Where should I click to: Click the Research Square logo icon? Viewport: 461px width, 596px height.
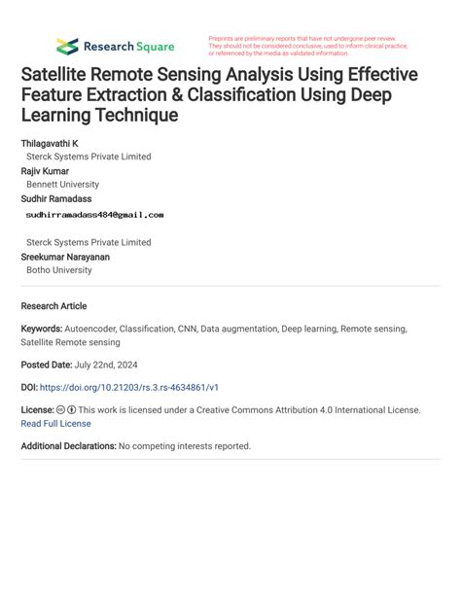coord(67,46)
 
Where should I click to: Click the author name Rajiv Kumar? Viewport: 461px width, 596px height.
coord(48,170)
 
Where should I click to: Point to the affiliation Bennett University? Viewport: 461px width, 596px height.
coord(62,184)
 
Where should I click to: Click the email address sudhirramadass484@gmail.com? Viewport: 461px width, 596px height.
coord(95,215)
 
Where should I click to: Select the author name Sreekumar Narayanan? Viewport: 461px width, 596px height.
coord(65,257)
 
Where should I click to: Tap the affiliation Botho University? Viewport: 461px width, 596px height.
coord(59,270)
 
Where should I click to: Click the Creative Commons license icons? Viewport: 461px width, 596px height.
coord(66,410)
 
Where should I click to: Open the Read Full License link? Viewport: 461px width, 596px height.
coord(55,423)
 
